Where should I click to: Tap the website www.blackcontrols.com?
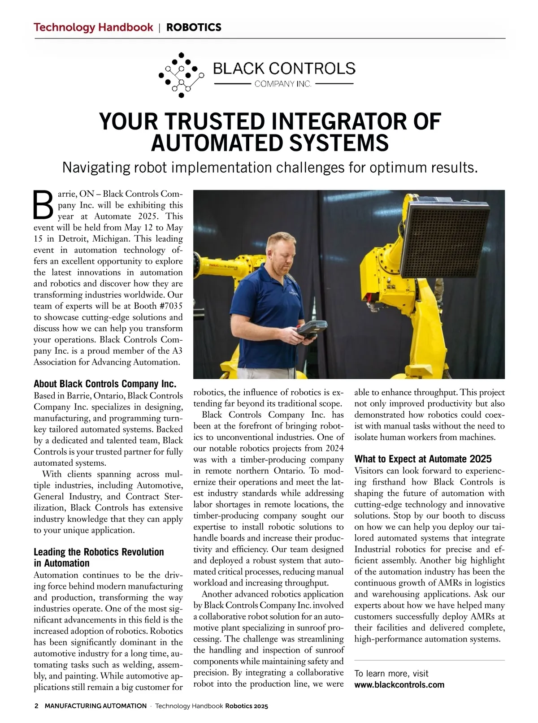399,684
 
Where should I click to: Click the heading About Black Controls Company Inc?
105,384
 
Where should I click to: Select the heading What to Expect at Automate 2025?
423,459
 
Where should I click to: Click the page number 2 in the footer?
36,706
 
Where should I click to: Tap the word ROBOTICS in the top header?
194,27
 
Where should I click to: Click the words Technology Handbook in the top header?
93,27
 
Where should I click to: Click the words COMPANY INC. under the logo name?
283,84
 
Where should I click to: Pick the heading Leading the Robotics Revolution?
99,552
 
